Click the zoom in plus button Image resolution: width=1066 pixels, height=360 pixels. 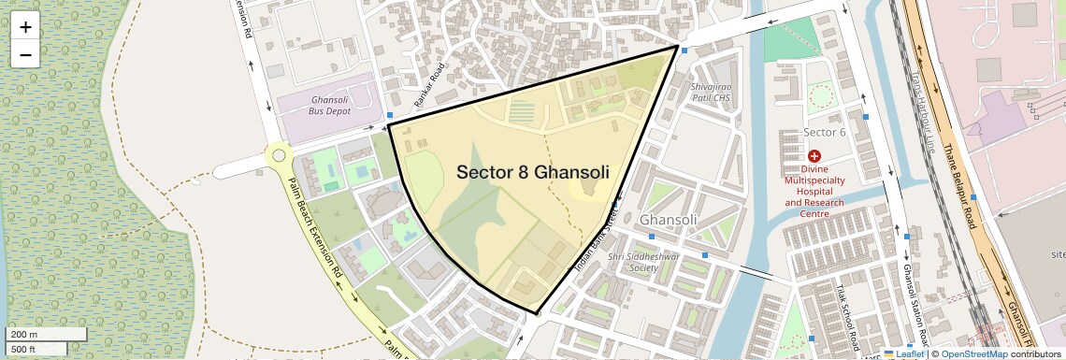(25, 27)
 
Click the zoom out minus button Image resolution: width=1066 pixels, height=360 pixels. (25, 54)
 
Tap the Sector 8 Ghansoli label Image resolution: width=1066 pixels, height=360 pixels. (533, 173)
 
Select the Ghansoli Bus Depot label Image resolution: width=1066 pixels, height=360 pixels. (329, 105)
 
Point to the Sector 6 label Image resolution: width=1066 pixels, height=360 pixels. (825, 132)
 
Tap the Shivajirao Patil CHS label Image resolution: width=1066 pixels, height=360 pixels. (711, 91)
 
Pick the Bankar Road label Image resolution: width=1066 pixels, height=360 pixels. (432, 85)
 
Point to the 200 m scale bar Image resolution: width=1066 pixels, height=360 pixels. (47, 335)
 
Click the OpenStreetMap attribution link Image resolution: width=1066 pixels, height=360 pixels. (973, 354)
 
